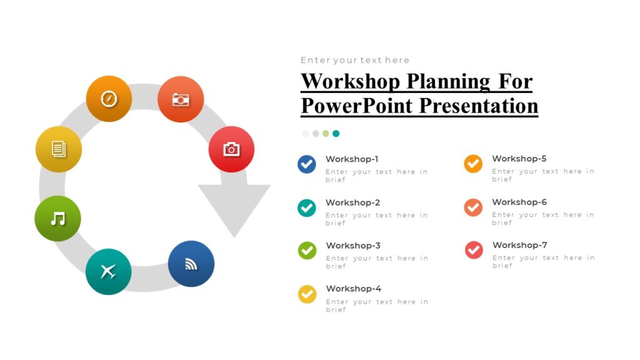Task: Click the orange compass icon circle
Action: [x=109, y=99]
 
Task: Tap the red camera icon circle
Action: [x=231, y=149]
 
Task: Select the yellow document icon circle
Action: [x=59, y=149]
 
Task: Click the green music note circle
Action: [x=57, y=218]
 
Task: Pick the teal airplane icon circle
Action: [x=109, y=271]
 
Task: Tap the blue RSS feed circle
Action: [x=191, y=264]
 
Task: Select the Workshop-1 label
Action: [x=352, y=159]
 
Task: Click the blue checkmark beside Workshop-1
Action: [x=307, y=164]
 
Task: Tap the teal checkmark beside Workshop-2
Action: [x=307, y=207]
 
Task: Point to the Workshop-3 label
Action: [x=353, y=246]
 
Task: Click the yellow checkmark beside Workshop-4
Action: [x=307, y=294]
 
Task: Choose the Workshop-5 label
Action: [x=519, y=159]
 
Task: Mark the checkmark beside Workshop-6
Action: [x=473, y=207]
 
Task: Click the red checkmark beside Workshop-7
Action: [x=474, y=250]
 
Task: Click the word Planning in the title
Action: [x=449, y=81]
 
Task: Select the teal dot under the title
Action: [x=336, y=133]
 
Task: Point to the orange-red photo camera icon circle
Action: [x=181, y=99]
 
